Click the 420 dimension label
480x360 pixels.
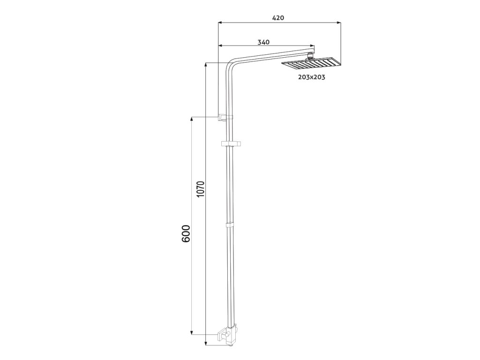278,18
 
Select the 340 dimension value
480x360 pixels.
263,42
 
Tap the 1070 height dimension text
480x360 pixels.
200,189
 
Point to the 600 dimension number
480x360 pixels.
186,233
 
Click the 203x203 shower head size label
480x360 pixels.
312,77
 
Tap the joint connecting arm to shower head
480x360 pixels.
310,56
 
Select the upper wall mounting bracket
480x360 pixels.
225,117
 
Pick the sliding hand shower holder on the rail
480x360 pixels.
231,143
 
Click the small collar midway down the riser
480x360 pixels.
230,225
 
